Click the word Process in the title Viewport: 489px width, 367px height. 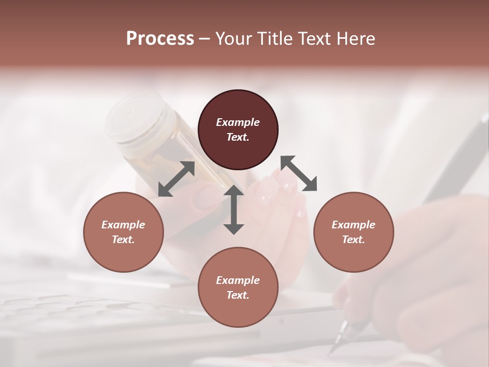pos(160,39)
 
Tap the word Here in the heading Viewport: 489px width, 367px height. pos(356,39)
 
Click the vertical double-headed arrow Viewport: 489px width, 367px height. pos(234,209)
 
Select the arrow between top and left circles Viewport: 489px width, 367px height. pos(176,178)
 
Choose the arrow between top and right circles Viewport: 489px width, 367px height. pos(298,173)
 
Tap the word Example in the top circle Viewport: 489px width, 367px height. pos(238,122)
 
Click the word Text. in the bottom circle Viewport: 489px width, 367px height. pos(238,295)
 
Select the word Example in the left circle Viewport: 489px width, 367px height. pos(123,225)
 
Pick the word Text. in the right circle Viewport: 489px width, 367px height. pos(353,240)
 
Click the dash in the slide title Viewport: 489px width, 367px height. pos(204,39)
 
